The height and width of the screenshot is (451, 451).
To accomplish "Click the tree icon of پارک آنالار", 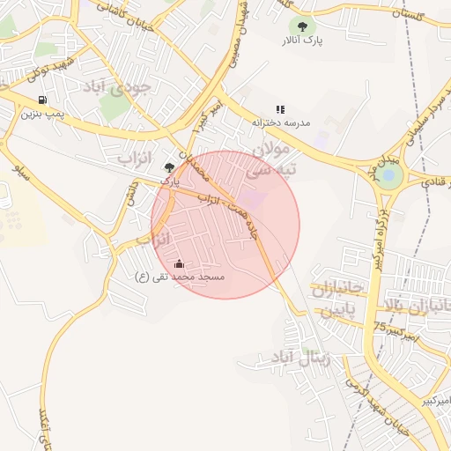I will pyautogui.click(x=304, y=26).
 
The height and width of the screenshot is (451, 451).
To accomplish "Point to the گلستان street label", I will pyautogui.click(x=427, y=17).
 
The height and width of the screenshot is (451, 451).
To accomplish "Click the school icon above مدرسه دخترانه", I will pyautogui.click(x=280, y=109).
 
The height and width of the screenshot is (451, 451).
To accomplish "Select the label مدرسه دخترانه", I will pyautogui.click(x=282, y=122).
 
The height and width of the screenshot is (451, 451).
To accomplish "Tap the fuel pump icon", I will pyautogui.click(x=42, y=100).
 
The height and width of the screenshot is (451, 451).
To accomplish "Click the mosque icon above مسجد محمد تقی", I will pyautogui.click(x=180, y=263).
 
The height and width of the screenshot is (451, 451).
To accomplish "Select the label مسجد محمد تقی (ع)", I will pyautogui.click(x=180, y=277).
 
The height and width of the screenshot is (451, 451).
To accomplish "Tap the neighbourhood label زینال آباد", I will pyautogui.click(x=292, y=359).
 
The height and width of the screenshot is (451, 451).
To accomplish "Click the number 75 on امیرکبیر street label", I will pyautogui.click(x=380, y=327).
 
